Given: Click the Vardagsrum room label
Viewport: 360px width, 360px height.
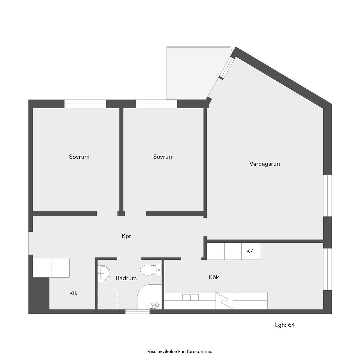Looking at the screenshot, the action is click(265, 164).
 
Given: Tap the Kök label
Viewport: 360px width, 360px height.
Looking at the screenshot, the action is click(214, 277).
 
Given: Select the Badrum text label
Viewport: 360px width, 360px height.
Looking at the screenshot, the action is click(126, 278).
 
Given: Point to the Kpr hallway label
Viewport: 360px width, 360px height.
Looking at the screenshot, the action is click(126, 236).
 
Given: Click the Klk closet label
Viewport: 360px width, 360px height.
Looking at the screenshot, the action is click(73, 293).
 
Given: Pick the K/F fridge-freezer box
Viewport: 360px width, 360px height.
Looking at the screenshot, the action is click(251, 251).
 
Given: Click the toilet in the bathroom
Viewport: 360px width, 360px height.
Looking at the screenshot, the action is click(151, 270).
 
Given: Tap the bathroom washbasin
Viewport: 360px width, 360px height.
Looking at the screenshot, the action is click(104, 273).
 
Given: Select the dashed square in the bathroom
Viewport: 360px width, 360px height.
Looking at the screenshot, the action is click(107, 299).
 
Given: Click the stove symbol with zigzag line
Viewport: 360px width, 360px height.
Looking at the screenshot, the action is click(224, 301).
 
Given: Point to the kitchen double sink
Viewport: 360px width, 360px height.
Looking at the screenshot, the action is click(191, 297).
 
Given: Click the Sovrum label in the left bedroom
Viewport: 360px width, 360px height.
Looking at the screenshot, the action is click(79, 157).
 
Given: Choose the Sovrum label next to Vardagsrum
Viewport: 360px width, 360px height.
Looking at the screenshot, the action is click(163, 157).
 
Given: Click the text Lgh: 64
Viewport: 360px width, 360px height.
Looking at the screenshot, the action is click(285, 325).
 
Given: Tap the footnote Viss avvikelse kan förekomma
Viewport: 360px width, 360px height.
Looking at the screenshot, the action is click(180, 351).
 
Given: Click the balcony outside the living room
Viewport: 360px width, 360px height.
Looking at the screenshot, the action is click(193, 73).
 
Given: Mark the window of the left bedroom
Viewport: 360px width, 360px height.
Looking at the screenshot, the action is click(85, 104).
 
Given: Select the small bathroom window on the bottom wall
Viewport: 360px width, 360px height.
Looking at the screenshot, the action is click(137, 312).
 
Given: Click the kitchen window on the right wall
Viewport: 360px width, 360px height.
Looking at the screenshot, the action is click(327, 269).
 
